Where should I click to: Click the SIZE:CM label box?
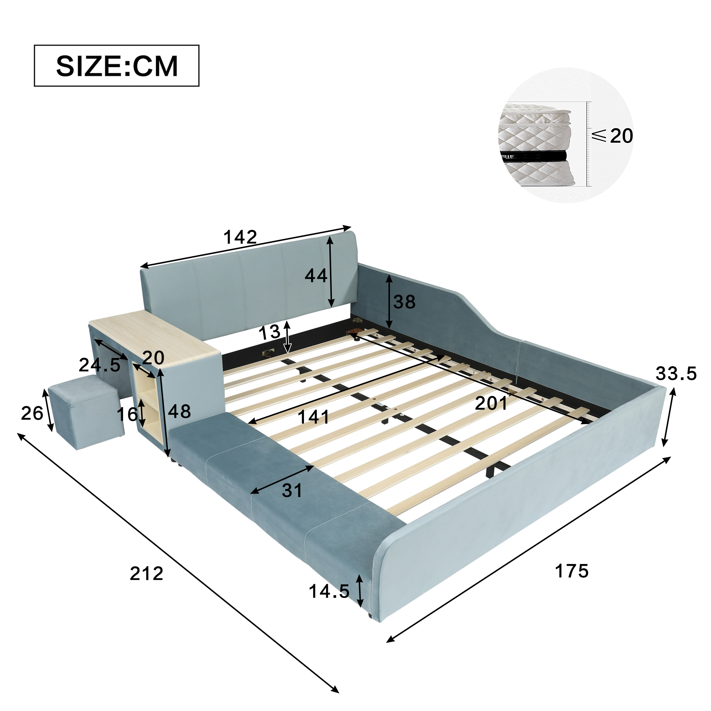tap(117, 66)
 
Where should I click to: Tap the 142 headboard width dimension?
tap(240, 237)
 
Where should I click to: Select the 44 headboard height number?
tap(316, 276)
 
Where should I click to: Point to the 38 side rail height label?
tap(405, 302)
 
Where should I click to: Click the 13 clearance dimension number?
tap(269, 333)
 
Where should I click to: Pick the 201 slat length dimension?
tap(491, 404)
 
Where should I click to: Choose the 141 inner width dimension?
tap(314, 417)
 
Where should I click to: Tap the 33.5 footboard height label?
tap(676, 374)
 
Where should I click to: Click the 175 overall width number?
tap(572, 571)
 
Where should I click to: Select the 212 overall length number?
tap(147, 573)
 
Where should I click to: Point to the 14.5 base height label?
tap(329, 591)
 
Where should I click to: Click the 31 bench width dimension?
tap(292, 491)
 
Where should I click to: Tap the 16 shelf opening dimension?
tap(127, 414)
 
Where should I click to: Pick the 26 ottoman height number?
tap(32, 413)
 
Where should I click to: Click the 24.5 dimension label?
tap(99, 365)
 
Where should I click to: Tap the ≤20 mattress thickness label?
tap(613, 136)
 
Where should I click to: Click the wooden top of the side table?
tap(154, 337)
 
